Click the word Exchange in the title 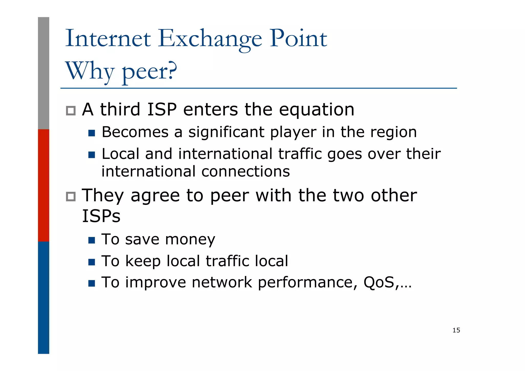tap(210, 39)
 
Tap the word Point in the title tap(298, 38)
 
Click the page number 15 tap(456, 330)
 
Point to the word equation tap(316, 110)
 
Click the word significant tap(226, 132)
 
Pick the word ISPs tap(101, 216)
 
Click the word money tap(190, 239)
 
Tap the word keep tap(143, 261)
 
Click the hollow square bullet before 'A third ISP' tap(71, 111)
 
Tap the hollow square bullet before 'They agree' tap(71, 196)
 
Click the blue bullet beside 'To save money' tap(92, 240)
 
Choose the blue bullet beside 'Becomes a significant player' tap(92, 133)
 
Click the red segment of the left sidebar tap(44, 185)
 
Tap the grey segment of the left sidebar tap(44, 73)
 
